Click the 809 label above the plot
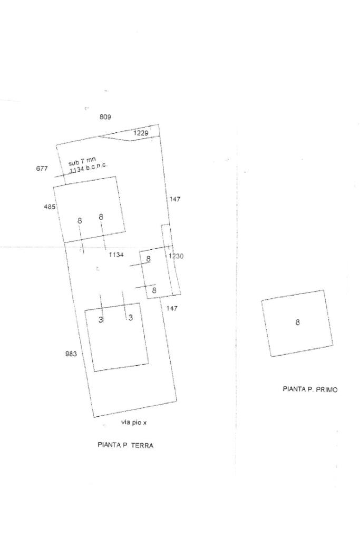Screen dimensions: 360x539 click(105, 116)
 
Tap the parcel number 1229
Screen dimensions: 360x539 click(140, 133)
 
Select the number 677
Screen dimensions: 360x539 click(42, 169)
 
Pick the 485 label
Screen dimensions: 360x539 click(50, 207)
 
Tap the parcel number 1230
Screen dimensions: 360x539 click(176, 256)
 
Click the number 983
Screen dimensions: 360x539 click(71, 354)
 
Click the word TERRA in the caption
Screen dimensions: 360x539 click(142, 445)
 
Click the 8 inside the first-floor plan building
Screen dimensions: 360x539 click(297, 322)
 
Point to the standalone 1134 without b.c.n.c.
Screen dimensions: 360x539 click(116, 255)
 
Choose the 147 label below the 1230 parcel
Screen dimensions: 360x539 click(171, 308)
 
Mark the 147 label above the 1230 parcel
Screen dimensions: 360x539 click(174, 199)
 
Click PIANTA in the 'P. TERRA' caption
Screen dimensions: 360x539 click(109, 445)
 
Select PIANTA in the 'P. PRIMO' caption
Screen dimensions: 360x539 click(294, 389)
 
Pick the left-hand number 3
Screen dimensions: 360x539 click(101, 318)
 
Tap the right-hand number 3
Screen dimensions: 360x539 click(130, 317)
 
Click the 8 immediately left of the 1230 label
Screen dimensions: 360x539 click(149, 259)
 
